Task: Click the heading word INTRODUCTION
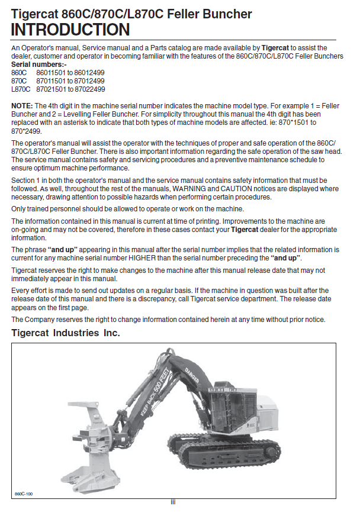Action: (x=70, y=30)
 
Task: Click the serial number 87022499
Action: (x=89, y=89)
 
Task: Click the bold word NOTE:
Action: (x=22, y=105)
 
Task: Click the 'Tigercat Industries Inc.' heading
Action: (x=66, y=333)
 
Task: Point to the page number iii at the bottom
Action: (x=173, y=502)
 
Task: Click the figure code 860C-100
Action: (x=24, y=493)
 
